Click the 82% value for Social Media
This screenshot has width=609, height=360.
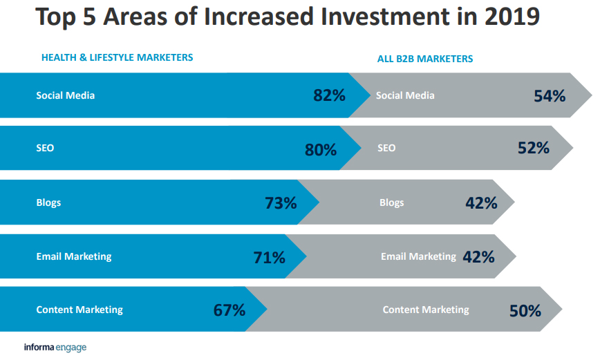pyautogui.click(x=329, y=95)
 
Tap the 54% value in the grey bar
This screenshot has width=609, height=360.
pyautogui.click(x=550, y=96)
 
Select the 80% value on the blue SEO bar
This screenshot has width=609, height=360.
pyautogui.click(x=321, y=149)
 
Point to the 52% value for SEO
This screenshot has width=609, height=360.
pyautogui.click(x=533, y=148)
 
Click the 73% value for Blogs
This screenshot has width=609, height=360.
pyautogui.click(x=281, y=203)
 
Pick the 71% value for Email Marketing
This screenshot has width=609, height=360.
pyautogui.click(x=269, y=258)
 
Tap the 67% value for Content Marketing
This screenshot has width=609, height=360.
pyautogui.click(x=229, y=310)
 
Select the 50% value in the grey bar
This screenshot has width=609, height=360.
pyautogui.click(x=525, y=311)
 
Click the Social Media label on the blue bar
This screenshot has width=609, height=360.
pyautogui.click(x=65, y=95)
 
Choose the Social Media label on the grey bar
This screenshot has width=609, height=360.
pyautogui.click(x=405, y=95)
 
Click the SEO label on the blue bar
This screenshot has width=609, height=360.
pyautogui.click(x=45, y=149)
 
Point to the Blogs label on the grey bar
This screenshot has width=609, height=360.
pyautogui.click(x=391, y=202)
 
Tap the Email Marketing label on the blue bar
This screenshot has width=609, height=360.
pyautogui.click(x=73, y=256)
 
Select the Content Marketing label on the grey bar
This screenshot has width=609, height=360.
pyautogui.click(x=426, y=310)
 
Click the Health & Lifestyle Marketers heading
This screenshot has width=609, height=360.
pyautogui.click(x=117, y=57)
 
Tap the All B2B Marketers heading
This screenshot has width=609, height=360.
pyautogui.click(x=425, y=59)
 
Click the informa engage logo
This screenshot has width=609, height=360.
pyautogui.click(x=55, y=347)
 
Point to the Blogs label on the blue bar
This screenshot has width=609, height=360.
pyautogui.click(x=48, y=202)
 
